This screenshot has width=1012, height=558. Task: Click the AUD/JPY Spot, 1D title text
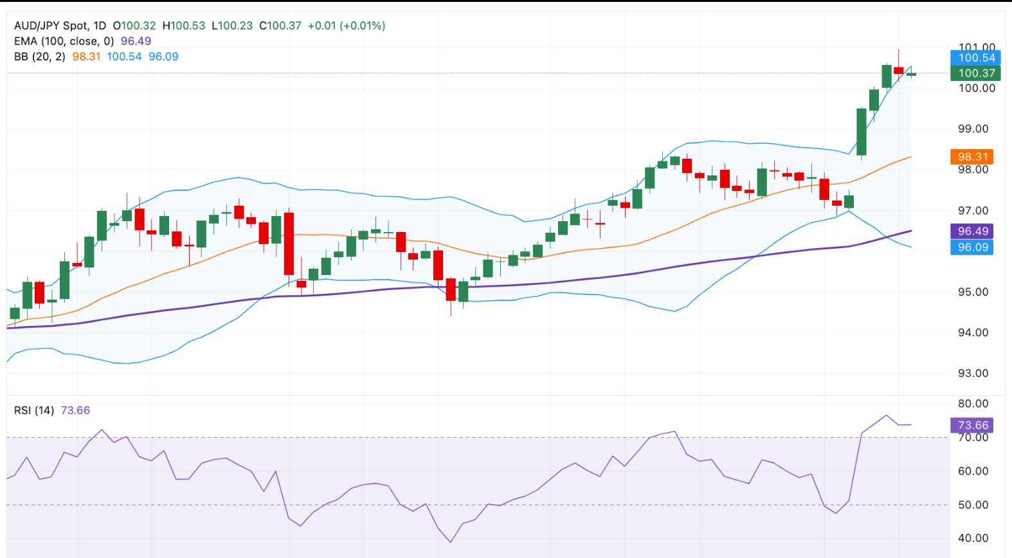point(60,26)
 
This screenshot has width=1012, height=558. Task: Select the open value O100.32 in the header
point(134,26)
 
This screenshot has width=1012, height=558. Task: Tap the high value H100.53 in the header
point(184,26)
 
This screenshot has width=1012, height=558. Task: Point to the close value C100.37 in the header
point(280,26)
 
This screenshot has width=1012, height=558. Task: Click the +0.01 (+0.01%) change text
point(347,26)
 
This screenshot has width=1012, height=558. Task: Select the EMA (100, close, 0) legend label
point(64,41)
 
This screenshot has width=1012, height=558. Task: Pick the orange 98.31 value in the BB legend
point(86,57)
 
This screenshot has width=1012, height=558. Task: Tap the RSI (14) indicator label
point(34,410)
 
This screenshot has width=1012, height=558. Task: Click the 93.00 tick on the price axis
point(973,373)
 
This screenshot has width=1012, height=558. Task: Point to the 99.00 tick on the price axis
point(973,129)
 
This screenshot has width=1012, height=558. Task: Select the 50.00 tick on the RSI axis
point(973,505)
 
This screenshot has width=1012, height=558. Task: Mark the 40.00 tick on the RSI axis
point(973,539)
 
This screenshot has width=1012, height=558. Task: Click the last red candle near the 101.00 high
point(899,70)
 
